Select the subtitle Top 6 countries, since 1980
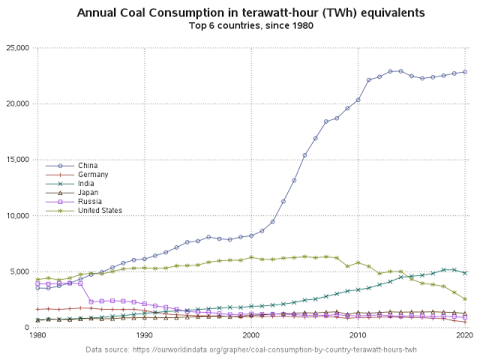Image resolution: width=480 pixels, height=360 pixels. click(251, 25)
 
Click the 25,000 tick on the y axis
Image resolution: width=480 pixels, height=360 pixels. click(18, 48)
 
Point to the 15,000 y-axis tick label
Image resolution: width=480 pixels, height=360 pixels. click(18, 160)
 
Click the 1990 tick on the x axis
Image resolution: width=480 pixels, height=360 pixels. click(144, 335)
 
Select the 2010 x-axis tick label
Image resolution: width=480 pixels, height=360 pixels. click(358, 335)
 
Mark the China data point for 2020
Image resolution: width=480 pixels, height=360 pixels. click(465, 72)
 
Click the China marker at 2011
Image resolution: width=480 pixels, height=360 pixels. click(368, 80)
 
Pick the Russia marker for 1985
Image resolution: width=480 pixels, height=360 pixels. click(91, 301)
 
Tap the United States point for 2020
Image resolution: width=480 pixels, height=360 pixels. click(465, 298)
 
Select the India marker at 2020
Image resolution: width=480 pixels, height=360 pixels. click(465, 273)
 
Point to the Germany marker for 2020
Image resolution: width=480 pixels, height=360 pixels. click(465, 322)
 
